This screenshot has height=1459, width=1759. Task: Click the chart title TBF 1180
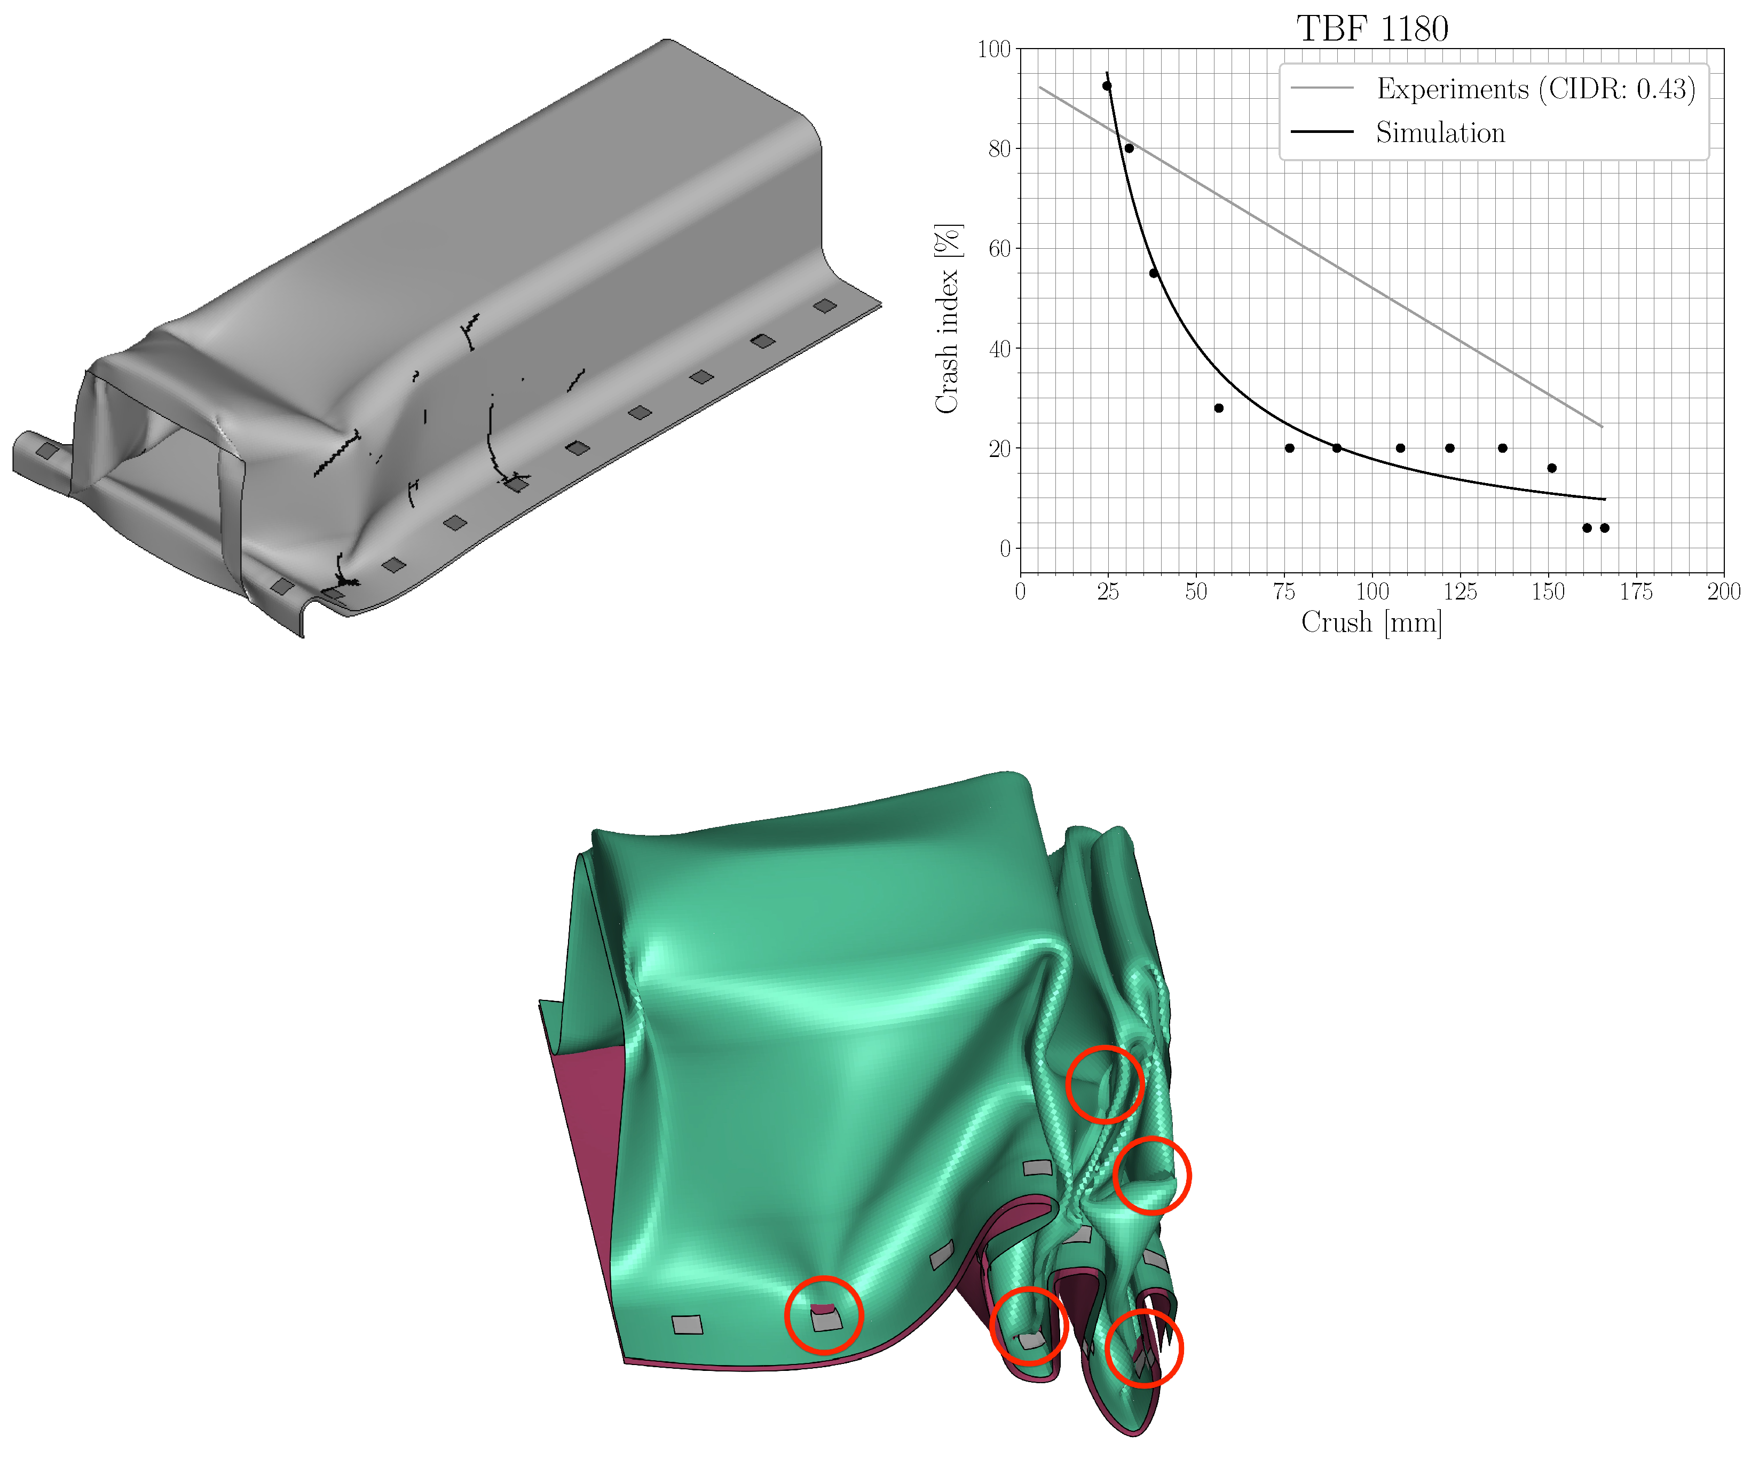(1372, 28)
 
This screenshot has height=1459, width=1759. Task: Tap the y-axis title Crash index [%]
(948, 318)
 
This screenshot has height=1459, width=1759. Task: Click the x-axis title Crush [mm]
(1371, 622)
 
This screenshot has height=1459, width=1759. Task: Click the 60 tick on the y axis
(999, 249)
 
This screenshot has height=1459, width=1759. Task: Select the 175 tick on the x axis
(1636, 592)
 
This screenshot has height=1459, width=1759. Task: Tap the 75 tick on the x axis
(1284, 592)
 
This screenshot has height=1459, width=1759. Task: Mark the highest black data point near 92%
(1107, 85)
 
